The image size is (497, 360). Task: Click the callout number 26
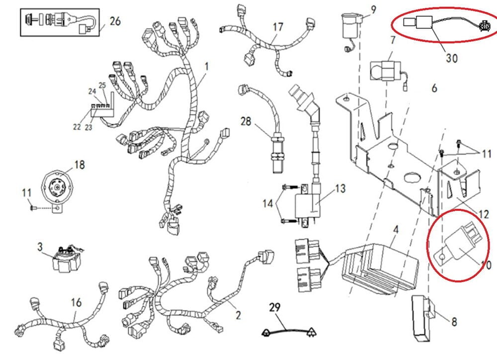point(115,21)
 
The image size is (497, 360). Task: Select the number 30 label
point(451,58)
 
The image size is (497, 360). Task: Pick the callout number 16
point(76,302)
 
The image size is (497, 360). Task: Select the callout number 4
point(396,230)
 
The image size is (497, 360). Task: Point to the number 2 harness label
point(238,315)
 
